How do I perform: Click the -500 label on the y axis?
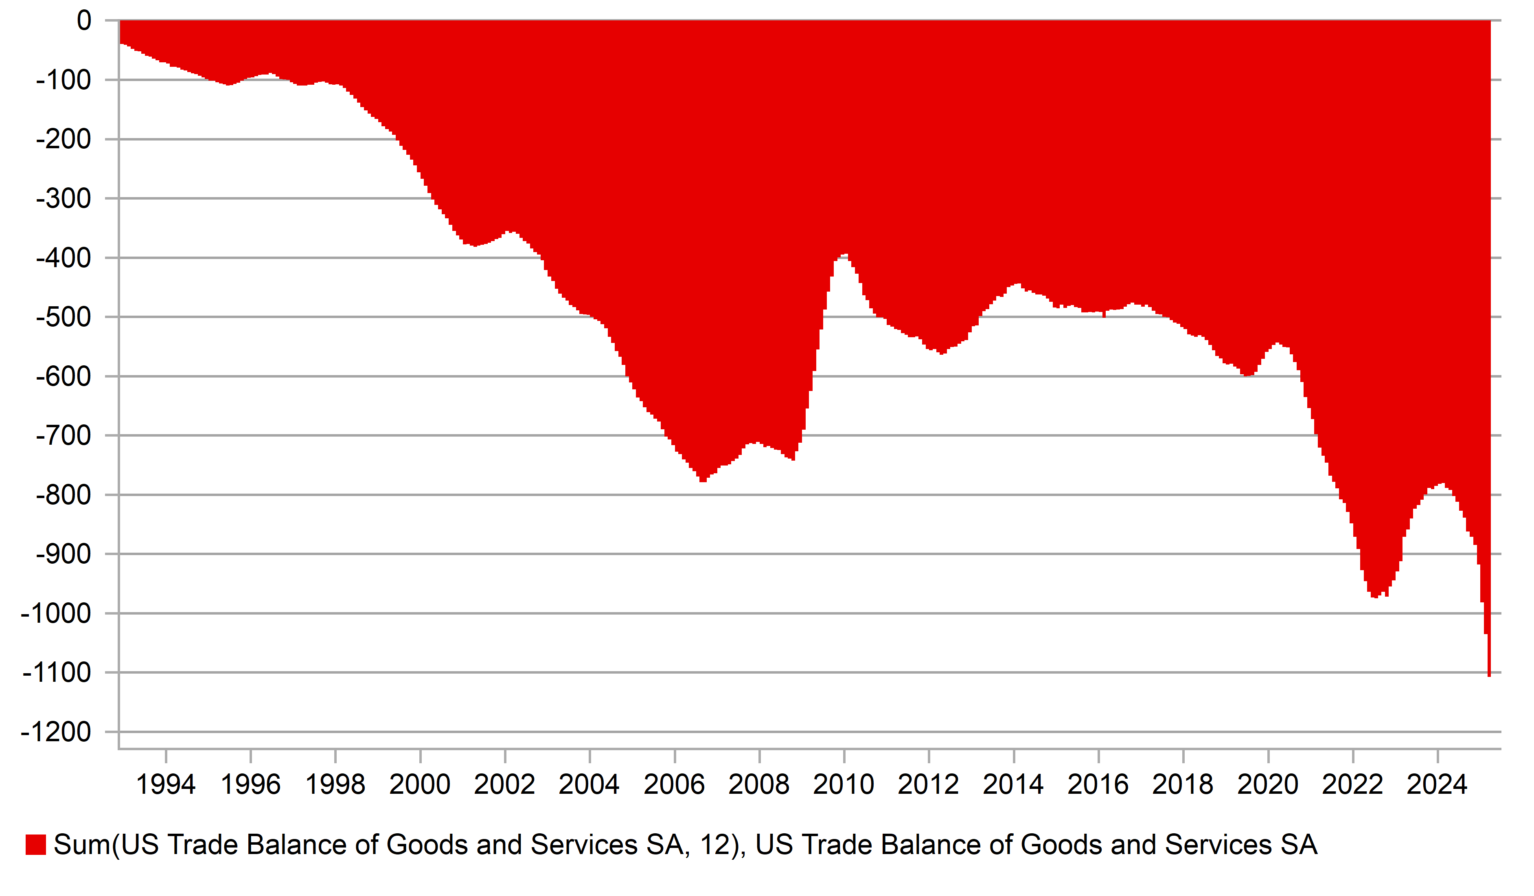pos(64,317)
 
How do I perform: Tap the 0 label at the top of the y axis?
pos(84,21)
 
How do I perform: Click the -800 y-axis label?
pos(64,495)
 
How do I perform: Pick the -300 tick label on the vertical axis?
pos(64,199)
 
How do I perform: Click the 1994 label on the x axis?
pos(166,784)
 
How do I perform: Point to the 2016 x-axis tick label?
pos(1098,784)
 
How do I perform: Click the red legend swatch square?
pos(36,845)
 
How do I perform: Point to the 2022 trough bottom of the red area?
pos(1374,597)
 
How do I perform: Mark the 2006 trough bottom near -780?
pos(703,481)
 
